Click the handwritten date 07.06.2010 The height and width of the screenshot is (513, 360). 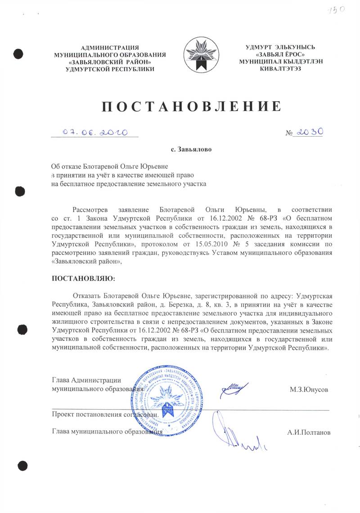95,133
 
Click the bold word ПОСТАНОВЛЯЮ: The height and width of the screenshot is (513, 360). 84,279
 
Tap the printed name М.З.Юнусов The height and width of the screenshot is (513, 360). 309,389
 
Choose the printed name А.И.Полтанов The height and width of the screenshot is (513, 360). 309,433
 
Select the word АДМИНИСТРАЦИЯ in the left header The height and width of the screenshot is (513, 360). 110,48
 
